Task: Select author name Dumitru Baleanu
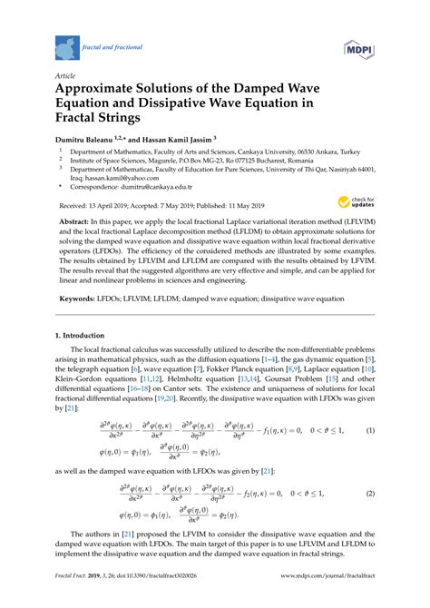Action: click(88, 140)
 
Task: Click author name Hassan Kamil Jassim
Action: click(173, 140)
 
